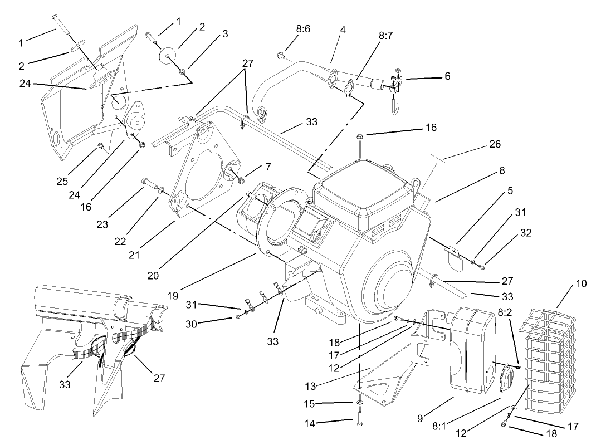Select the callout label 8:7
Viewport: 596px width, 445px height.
385,35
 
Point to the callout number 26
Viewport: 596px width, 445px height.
495,144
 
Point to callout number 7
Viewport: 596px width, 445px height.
268,167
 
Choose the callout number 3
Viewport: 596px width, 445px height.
225,34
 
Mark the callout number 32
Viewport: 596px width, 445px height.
525,233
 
